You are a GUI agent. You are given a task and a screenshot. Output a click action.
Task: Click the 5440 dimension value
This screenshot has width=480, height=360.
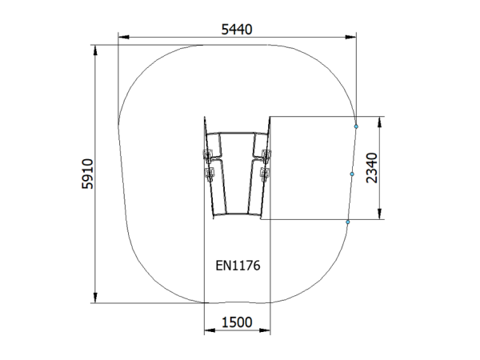coord(237,30)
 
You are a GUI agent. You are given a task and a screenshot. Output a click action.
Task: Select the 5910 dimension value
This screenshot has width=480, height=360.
coord(87,174)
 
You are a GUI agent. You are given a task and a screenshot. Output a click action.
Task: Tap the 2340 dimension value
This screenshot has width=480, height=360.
coord(372,168)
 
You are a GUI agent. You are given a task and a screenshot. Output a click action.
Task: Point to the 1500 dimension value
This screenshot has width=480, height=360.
coord(237,322)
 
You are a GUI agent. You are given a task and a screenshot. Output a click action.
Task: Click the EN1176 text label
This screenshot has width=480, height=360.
coord(238,266)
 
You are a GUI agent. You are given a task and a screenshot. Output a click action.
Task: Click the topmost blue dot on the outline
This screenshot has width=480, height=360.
coord(356,126)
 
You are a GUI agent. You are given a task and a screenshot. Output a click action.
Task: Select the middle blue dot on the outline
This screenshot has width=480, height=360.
coord(352,174)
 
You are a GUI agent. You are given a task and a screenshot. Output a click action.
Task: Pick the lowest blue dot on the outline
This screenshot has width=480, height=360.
coord(348,222)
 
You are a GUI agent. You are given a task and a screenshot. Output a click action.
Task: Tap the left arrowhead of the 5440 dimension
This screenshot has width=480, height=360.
coord(123,37)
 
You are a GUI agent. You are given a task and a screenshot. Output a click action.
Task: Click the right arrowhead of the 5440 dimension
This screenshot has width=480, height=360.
coord(351,37)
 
